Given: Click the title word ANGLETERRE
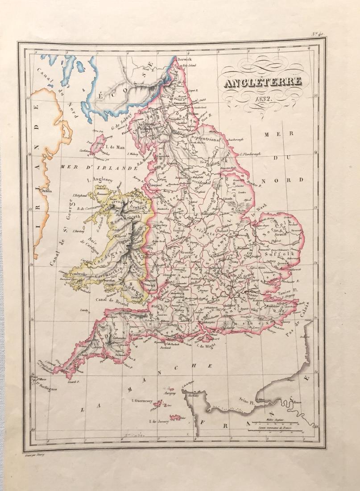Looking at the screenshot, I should tap(262, 83).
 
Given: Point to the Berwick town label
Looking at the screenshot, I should tap(183, 59).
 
